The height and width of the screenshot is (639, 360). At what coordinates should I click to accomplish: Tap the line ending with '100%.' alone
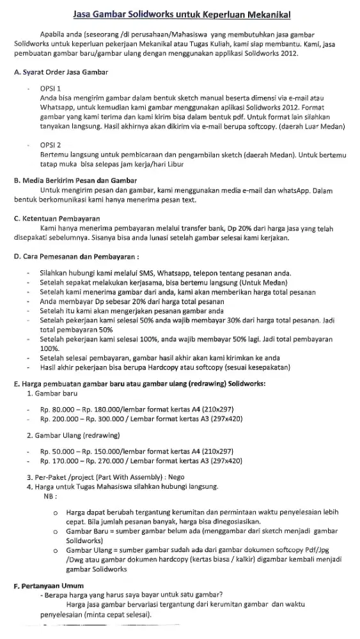[49, 350]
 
